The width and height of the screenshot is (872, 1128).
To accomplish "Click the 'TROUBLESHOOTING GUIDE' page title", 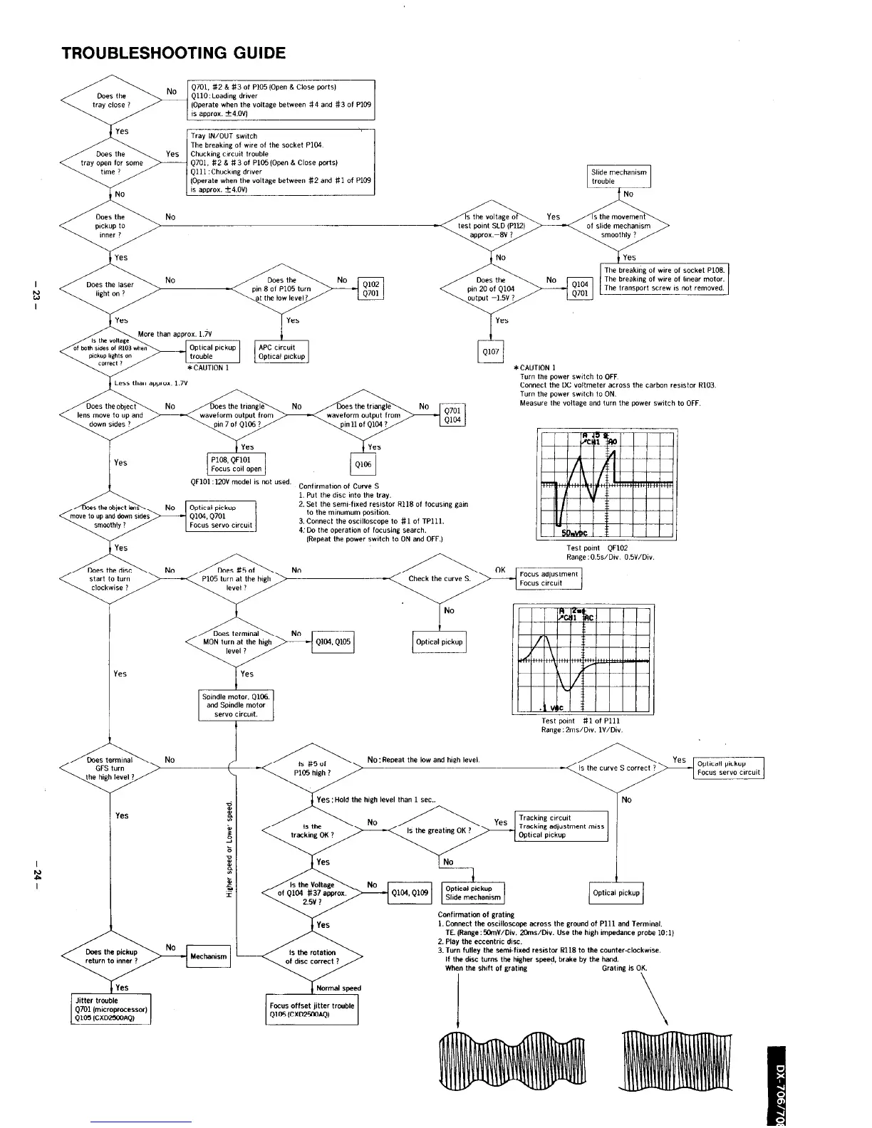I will (174, 53).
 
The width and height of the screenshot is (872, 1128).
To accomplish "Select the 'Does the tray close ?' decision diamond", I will (110, 100).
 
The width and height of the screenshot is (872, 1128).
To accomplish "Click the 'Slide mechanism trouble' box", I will (619, 177).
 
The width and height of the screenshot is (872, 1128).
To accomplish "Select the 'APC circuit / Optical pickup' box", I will (281, 352).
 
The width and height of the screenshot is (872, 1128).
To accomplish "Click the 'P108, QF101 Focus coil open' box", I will (237, 464).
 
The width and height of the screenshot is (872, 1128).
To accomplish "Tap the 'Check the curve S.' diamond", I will (440, 578).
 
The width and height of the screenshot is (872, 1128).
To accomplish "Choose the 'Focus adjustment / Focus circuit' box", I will (549, 578).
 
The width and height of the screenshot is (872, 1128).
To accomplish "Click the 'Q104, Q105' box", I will (333, 642).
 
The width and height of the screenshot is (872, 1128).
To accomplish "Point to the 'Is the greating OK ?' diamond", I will (439, 830).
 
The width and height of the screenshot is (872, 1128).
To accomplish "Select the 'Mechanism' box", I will (208, 956).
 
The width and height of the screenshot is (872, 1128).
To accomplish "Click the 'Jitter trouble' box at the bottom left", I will (110, 1009).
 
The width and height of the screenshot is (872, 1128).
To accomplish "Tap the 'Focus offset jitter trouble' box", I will (312, 1010).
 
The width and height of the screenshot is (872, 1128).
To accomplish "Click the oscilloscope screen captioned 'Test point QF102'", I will (606, 484).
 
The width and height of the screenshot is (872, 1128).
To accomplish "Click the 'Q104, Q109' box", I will (409, 892).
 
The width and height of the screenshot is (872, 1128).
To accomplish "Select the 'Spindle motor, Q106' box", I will (236, 705).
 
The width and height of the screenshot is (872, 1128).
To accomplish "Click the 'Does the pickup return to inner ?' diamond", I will (111, 956).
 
